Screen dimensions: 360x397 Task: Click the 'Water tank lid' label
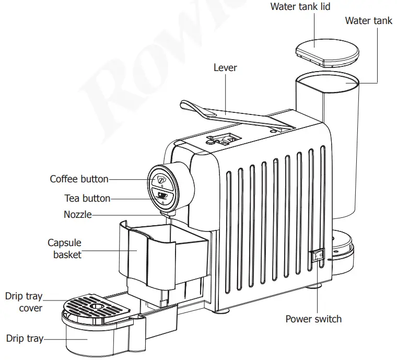click(300, 7)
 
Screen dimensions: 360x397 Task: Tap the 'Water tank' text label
click(368, 21)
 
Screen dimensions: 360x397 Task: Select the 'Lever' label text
click(225, 68)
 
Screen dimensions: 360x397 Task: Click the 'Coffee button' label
click(79, 179)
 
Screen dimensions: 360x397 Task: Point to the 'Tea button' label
click(87, 199)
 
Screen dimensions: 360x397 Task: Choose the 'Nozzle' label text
click(77, 215)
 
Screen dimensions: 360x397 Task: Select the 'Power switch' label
click(313, 319)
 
